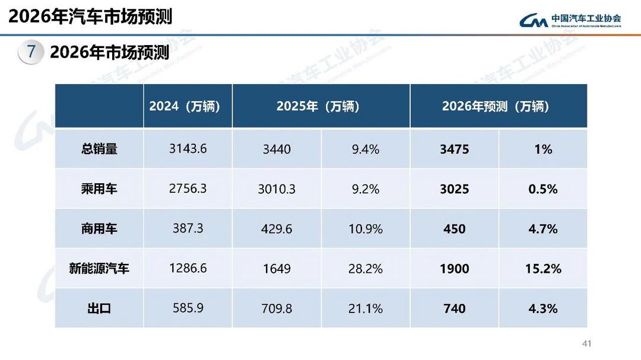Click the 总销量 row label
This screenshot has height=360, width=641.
99,149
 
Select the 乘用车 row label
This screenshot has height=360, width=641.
99,189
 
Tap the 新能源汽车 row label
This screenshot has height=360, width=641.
99,268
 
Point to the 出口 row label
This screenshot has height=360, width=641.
99,308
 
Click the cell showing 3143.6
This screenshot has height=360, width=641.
188,148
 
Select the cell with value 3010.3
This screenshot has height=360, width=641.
277,189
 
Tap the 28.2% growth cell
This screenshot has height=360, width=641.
366,269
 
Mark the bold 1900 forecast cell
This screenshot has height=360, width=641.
455,269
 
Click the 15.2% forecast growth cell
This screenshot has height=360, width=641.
543,269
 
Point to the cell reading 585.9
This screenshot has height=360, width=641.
188,308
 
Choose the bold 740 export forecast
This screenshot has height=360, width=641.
455,308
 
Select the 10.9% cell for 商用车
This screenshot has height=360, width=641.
366,229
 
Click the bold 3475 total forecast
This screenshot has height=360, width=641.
455,149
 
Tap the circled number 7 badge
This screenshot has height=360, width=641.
31,52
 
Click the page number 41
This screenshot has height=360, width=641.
588,343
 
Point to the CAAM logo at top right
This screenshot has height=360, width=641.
570,21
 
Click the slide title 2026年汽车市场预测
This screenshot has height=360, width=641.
90,16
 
